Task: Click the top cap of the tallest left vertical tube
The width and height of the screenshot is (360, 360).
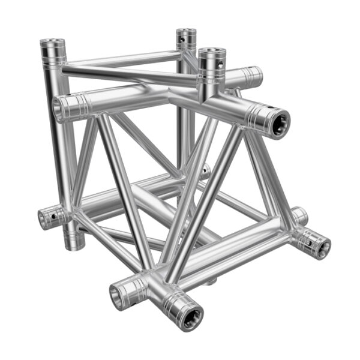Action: [53, 44]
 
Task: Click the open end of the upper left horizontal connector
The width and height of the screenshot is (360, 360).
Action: [62, 109]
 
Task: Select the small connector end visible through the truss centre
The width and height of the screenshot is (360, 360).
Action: [205, 172]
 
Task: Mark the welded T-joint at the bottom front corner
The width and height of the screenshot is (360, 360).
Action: [157, 287]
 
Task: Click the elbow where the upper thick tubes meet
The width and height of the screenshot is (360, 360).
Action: [174, 96]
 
